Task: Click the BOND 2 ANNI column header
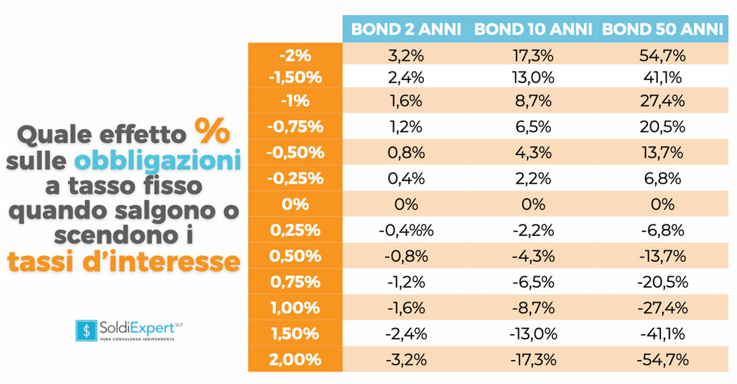[406, 29]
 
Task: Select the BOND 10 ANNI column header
[533, 29]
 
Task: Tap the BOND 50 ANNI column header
[662, 29]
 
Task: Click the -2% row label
[295, 56]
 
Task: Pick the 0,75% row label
[295, 282]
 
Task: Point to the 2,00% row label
[295, 359]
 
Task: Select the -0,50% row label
[295, 153]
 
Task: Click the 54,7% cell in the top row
[662, 56]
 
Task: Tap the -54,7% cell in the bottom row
[662, 359]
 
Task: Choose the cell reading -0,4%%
[406, 230]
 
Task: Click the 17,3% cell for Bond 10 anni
[533, 56]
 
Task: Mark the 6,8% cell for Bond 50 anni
[662, 179]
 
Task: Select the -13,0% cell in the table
[533, 334]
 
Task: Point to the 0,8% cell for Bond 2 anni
[406, 153]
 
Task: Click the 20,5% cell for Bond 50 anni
[662, 127]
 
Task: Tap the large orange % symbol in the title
[212, 131]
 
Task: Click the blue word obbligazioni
[158, 160]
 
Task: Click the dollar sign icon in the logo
[86, 330]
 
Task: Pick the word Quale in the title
[54, 136]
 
